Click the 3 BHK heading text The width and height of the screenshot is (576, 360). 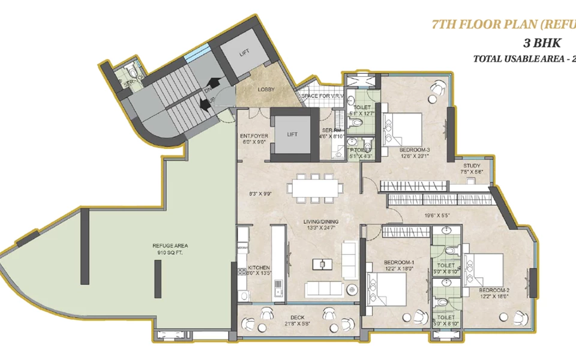(x=539, y=44)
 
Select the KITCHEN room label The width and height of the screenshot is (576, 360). (x=259, y=268)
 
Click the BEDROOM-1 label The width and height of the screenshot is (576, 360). (x=382, y=263)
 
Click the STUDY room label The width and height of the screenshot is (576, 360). (x=472, y=166)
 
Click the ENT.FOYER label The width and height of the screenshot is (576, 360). (x=255, y=136)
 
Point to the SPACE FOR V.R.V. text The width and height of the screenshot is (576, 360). (x=322, y=97)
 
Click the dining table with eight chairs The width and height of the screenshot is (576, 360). (x=313, y=187)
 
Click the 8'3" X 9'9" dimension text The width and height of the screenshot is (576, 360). (x=260, y=193)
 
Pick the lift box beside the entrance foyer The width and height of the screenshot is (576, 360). (x=292, y=134)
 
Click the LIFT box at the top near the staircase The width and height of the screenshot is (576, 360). (x=244, y=53)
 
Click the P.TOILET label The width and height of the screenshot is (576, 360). (x=361, y=150)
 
